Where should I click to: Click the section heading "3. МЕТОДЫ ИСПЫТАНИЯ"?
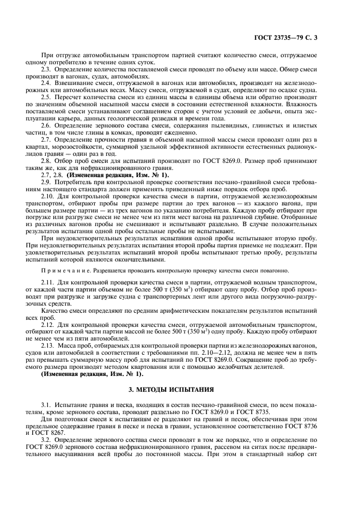point(180,391)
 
